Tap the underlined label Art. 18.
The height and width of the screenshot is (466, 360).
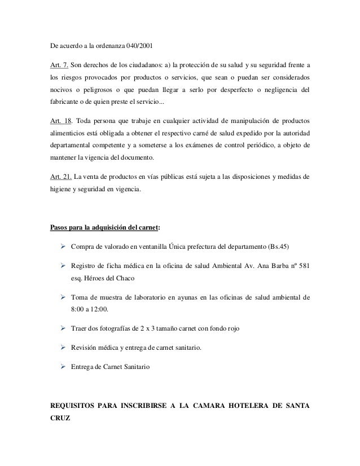tap(60, 121)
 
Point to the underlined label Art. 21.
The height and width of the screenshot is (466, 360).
tap(60, 177)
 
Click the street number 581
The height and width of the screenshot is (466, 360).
tap(304, 266)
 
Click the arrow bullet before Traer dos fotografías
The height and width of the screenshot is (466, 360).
tap(63, 328)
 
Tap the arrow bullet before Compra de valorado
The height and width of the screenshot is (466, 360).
tap(63, 246)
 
